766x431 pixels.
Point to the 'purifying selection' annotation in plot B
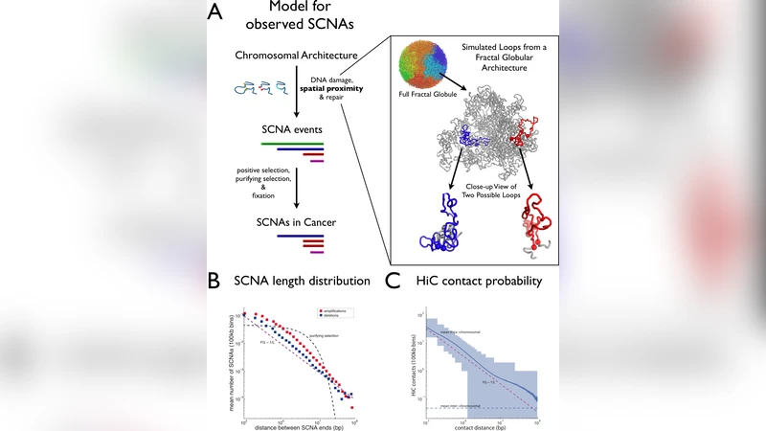326,334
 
